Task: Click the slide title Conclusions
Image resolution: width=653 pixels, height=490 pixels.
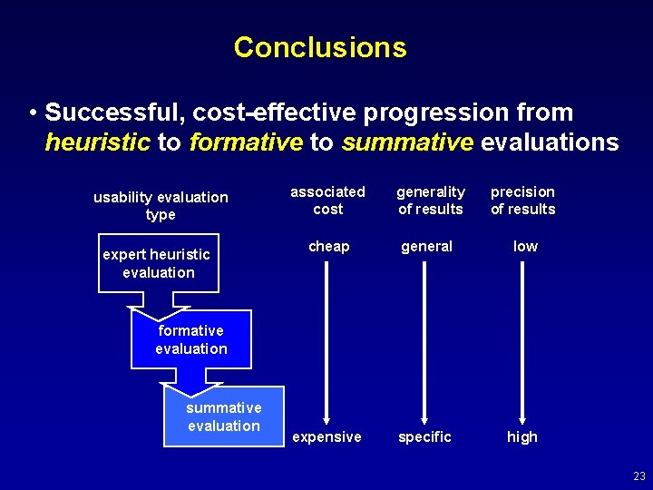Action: point(320,47)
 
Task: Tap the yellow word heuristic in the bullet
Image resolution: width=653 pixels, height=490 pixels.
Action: point(96,142)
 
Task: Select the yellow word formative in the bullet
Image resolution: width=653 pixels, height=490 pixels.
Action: point(246,142)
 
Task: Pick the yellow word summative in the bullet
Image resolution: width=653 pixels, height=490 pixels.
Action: point(407,142)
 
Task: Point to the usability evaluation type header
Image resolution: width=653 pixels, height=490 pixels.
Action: point(161,205)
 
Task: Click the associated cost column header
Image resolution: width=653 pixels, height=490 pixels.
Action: point(327,201)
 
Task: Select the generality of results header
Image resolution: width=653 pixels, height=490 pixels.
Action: point(430,201)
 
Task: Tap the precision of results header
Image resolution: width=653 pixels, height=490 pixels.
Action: point(522,201)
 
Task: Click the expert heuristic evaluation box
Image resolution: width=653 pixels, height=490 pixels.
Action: point(159,263)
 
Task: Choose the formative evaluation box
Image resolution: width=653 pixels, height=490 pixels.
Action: point(191,340)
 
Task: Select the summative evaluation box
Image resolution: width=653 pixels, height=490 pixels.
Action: point(224,416)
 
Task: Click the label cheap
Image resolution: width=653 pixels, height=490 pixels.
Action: point(328,246)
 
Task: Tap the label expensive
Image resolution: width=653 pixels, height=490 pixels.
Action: point(326,436)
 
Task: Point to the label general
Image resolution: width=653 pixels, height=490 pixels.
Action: point(427,246)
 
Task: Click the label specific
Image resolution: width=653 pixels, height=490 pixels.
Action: point(424,436)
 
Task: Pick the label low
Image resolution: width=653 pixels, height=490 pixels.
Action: point(525,246)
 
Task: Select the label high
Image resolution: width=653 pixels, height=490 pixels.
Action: point(522,436)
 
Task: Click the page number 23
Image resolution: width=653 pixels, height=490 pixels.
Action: point(638,476)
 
